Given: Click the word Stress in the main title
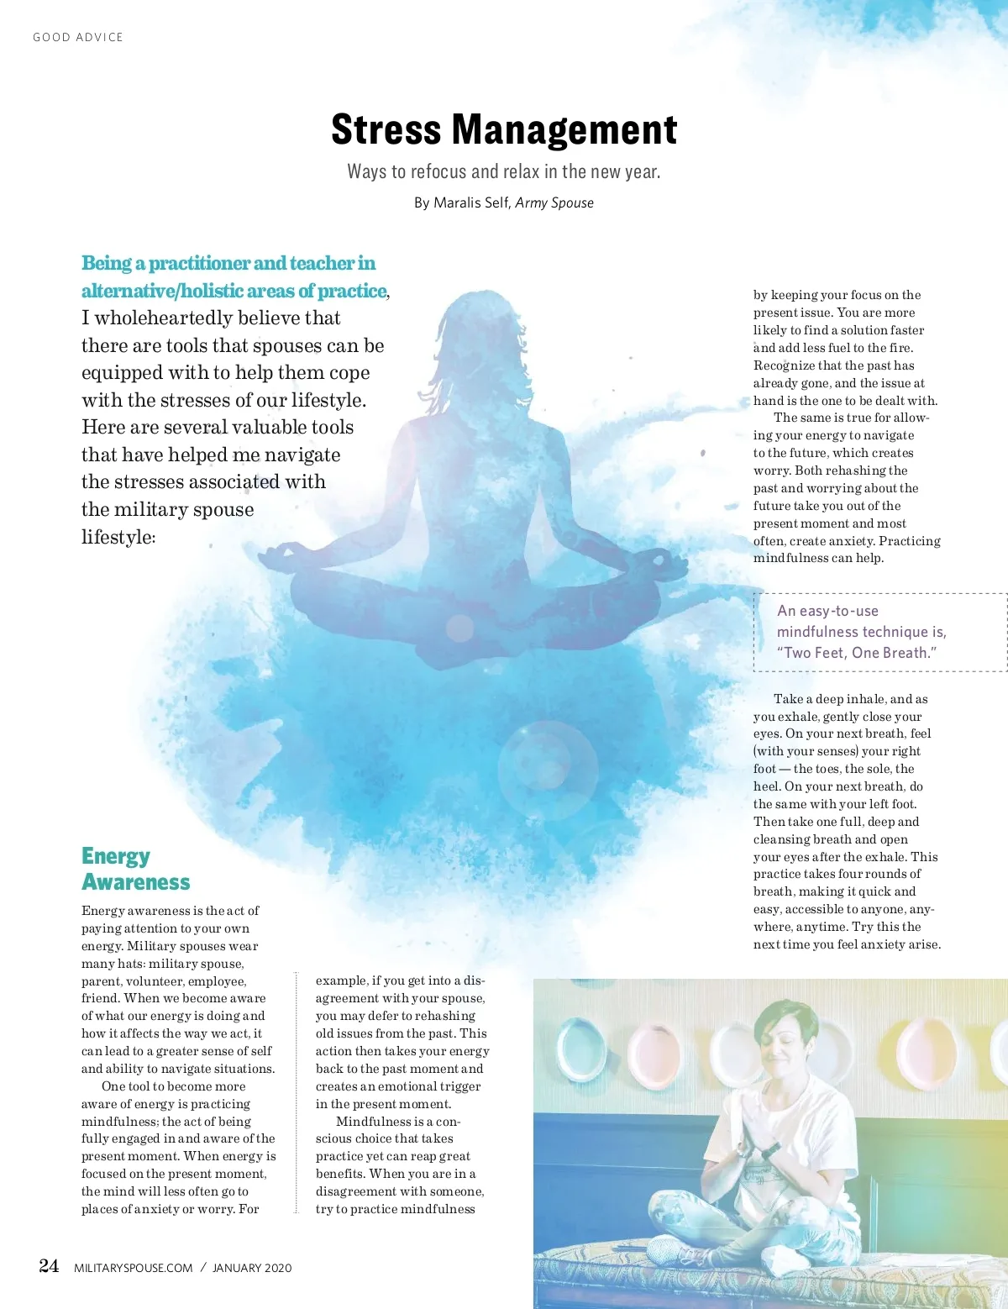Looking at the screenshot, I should [x=386, y=130].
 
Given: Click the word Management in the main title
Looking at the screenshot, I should [x=564, y=130].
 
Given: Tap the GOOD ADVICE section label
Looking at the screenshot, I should [x=78, y=37].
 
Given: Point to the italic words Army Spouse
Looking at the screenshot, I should [x=554, y=202].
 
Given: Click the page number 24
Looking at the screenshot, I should [x=49, y=1266].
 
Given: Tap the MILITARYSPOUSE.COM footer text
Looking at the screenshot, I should [x=134, y=1268].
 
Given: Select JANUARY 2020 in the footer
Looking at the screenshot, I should [x=252, y=1268].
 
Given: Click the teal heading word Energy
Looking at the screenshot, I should [x=116, y=856].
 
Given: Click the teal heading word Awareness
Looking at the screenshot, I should [x=136, y=882].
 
